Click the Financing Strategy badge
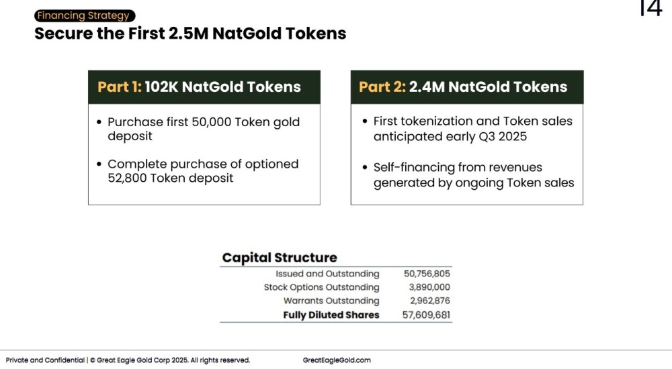click(85, 16)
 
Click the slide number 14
click(650, 7)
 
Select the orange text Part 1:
click(119, 87)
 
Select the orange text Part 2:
click(382, 87)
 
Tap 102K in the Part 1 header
click(161, 87)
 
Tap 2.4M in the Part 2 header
click(427, 87)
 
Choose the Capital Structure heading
click(280, 258)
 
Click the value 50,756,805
click(427, 274)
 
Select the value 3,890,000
click(429, 287)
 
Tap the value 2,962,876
click(430, 301)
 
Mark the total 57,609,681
click(427, 315)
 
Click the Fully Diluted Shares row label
click(331, 315)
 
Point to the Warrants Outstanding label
click(331, 301)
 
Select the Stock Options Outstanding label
click(321, 287)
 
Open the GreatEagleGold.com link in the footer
click(337, 360)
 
